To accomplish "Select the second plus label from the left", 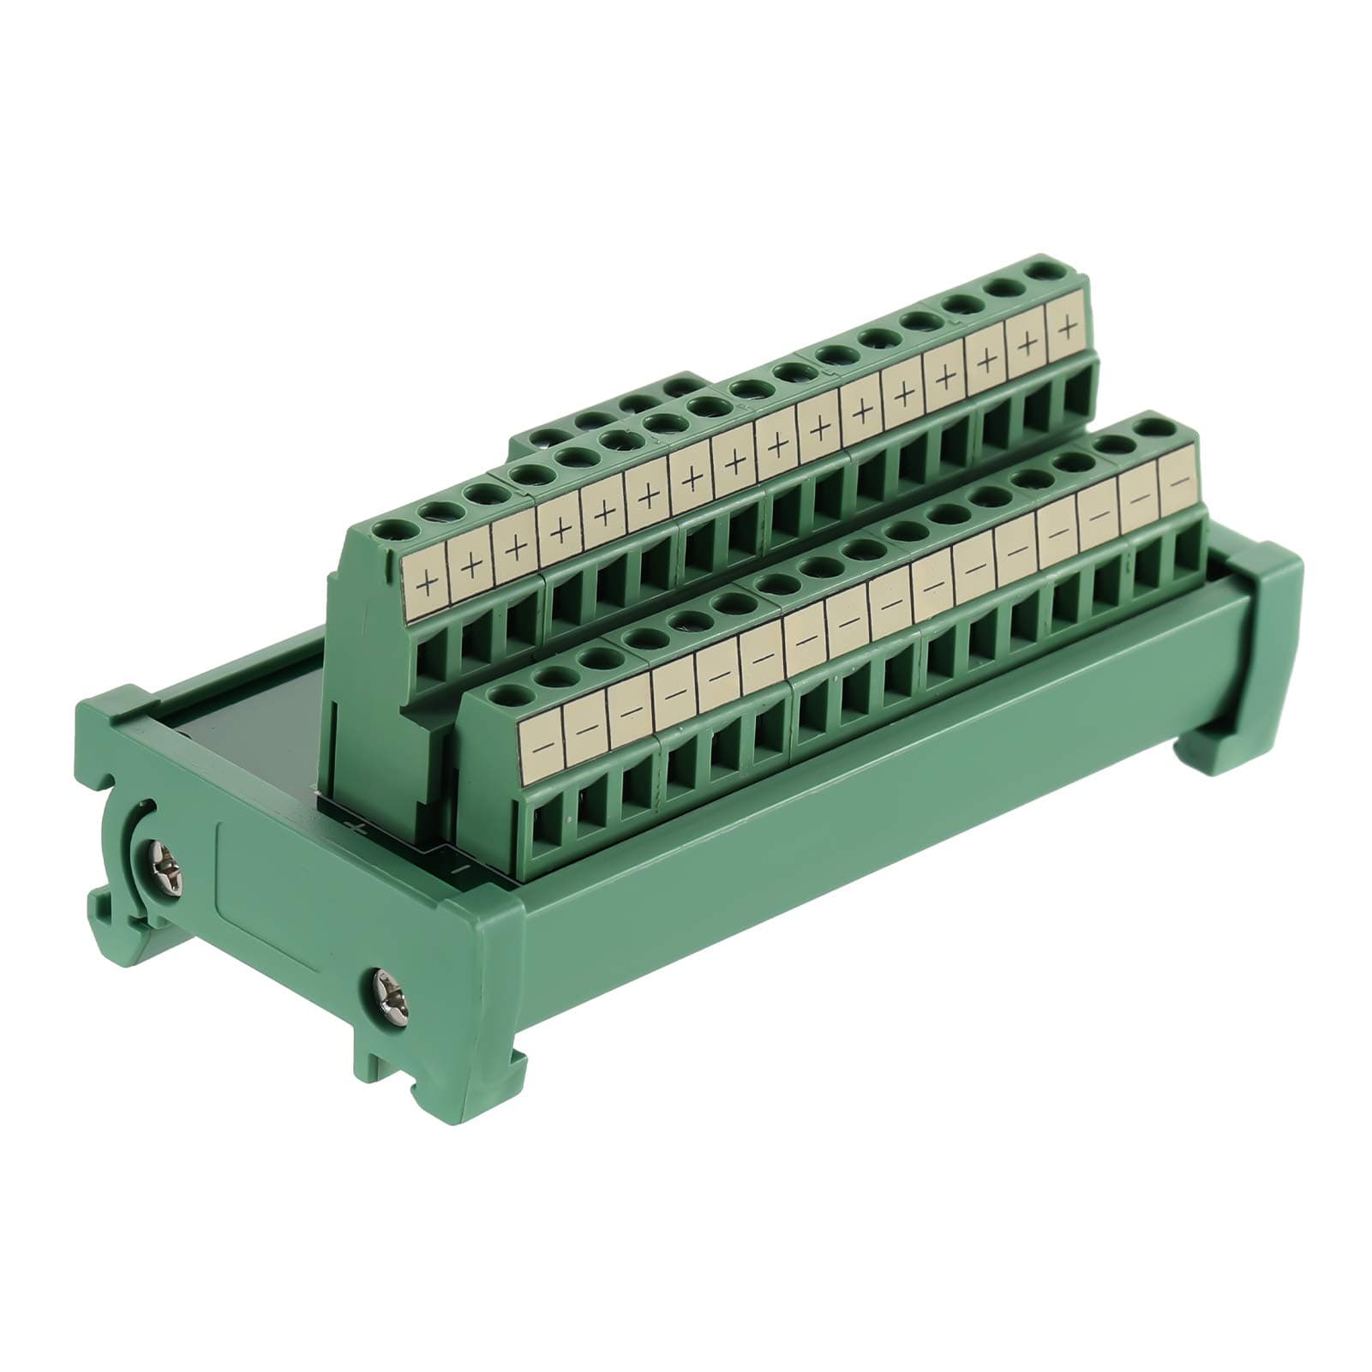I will pyautogui.click(x=472, y=566).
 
